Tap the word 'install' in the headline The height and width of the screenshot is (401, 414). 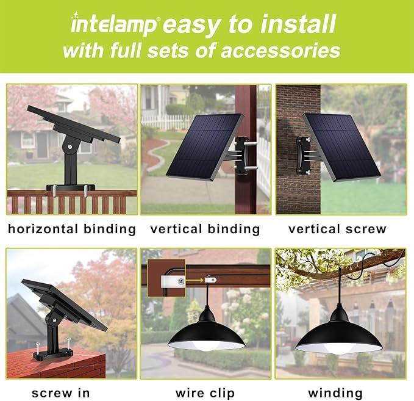point(298,24)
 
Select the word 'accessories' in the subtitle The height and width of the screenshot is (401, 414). point(280,51)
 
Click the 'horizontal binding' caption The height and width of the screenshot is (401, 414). point(72,229)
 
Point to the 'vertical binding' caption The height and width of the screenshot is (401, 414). point(205,229)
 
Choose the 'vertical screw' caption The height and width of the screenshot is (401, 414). point(337,229)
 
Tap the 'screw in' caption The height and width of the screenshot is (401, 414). point(61,393)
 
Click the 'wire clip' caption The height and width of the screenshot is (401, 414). point(205,393)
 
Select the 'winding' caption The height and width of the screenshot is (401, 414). point(335,393)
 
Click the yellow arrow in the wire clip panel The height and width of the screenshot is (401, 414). point(195,281)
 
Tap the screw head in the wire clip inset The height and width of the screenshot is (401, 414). point(181,281)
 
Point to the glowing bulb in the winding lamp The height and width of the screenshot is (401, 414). point(338,349)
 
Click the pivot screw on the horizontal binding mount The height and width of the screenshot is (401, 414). point(70,146)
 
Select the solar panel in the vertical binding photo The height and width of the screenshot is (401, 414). point(205,147)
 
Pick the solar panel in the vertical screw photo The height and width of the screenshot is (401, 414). point(341,147)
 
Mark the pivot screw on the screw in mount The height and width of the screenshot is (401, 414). point(55,320)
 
